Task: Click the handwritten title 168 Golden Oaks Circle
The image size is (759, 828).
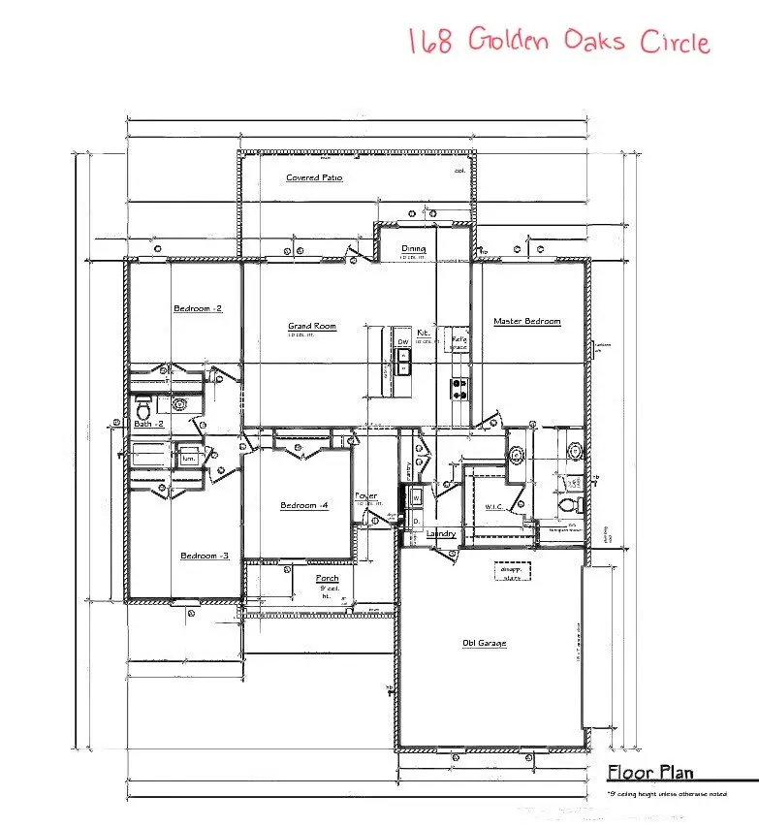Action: pyautogui.click(x=558, y=42)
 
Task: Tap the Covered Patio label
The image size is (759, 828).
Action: pyautogui.click(x=314, y=178)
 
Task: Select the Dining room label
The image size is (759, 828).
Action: pyautogui.click(x=414, y=249)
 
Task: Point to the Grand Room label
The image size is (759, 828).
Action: pyautogui.click(x=312, y=327)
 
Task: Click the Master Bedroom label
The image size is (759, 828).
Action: pyautogui.click(x=526, y=322)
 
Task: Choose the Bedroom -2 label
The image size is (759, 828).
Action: pyautogui.click(x=198, y=309)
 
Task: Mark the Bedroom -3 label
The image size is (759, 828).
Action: pyautogui.click(x=205, y=556)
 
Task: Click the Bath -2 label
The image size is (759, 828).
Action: pyautogui.click(x=149, y=424)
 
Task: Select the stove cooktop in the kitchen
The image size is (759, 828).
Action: pyautogui.click(x=459, y=389)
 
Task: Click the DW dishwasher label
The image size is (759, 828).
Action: pyautogui.click(x=402, y=342)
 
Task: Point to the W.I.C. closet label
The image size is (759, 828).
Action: pyautogui.click(x=494, y=507)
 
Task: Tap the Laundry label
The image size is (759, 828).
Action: pyautogui.click(x=441, y=533)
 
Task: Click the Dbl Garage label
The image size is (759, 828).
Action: pyautogui.click(x=485, y=643)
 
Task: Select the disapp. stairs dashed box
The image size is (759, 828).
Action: pyautogui.click(x=512, y=572)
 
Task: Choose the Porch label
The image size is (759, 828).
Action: pyautogui.click(x=328, y=579)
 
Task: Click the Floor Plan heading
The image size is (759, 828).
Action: pyautogui.click(x=649, y=773)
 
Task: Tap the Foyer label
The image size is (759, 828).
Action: pyautogui.click(x=365, y=496)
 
